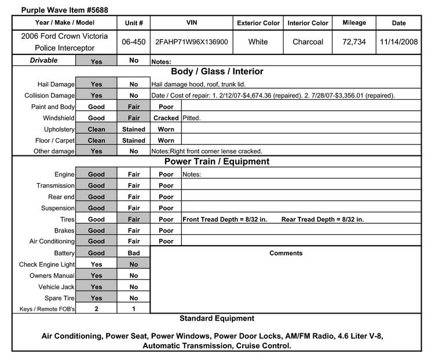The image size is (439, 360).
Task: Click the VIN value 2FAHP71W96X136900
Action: tap(191, 42)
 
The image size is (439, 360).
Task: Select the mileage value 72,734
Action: tap(354, 42)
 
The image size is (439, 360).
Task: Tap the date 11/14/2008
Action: tap(399, 42)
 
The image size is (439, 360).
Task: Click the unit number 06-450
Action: tap(134, 42)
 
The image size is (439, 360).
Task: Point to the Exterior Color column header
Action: tap(258, 23)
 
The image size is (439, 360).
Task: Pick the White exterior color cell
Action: tap(258, 42)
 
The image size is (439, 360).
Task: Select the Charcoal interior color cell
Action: tap(308, 42)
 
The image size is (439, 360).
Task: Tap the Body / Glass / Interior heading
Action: tap(217, 72)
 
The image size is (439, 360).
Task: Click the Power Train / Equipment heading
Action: tap(217, 162)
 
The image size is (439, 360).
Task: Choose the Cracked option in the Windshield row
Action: tap(166, 118)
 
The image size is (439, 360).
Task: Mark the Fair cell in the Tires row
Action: tap(134, 220)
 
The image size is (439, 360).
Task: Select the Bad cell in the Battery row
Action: tap(134, 253)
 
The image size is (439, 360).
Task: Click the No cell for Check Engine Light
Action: tap(134, 264)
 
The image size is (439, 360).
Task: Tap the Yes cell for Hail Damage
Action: tap(96, 84)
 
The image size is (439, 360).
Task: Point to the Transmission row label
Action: tap(56, 186)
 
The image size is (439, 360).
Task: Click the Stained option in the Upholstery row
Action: tap(134, 129)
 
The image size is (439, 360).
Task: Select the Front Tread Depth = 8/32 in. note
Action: tap(225, 220)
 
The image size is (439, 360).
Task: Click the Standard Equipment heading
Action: tap(217, 318)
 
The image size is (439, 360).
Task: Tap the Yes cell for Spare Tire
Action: tap(96, 298)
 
